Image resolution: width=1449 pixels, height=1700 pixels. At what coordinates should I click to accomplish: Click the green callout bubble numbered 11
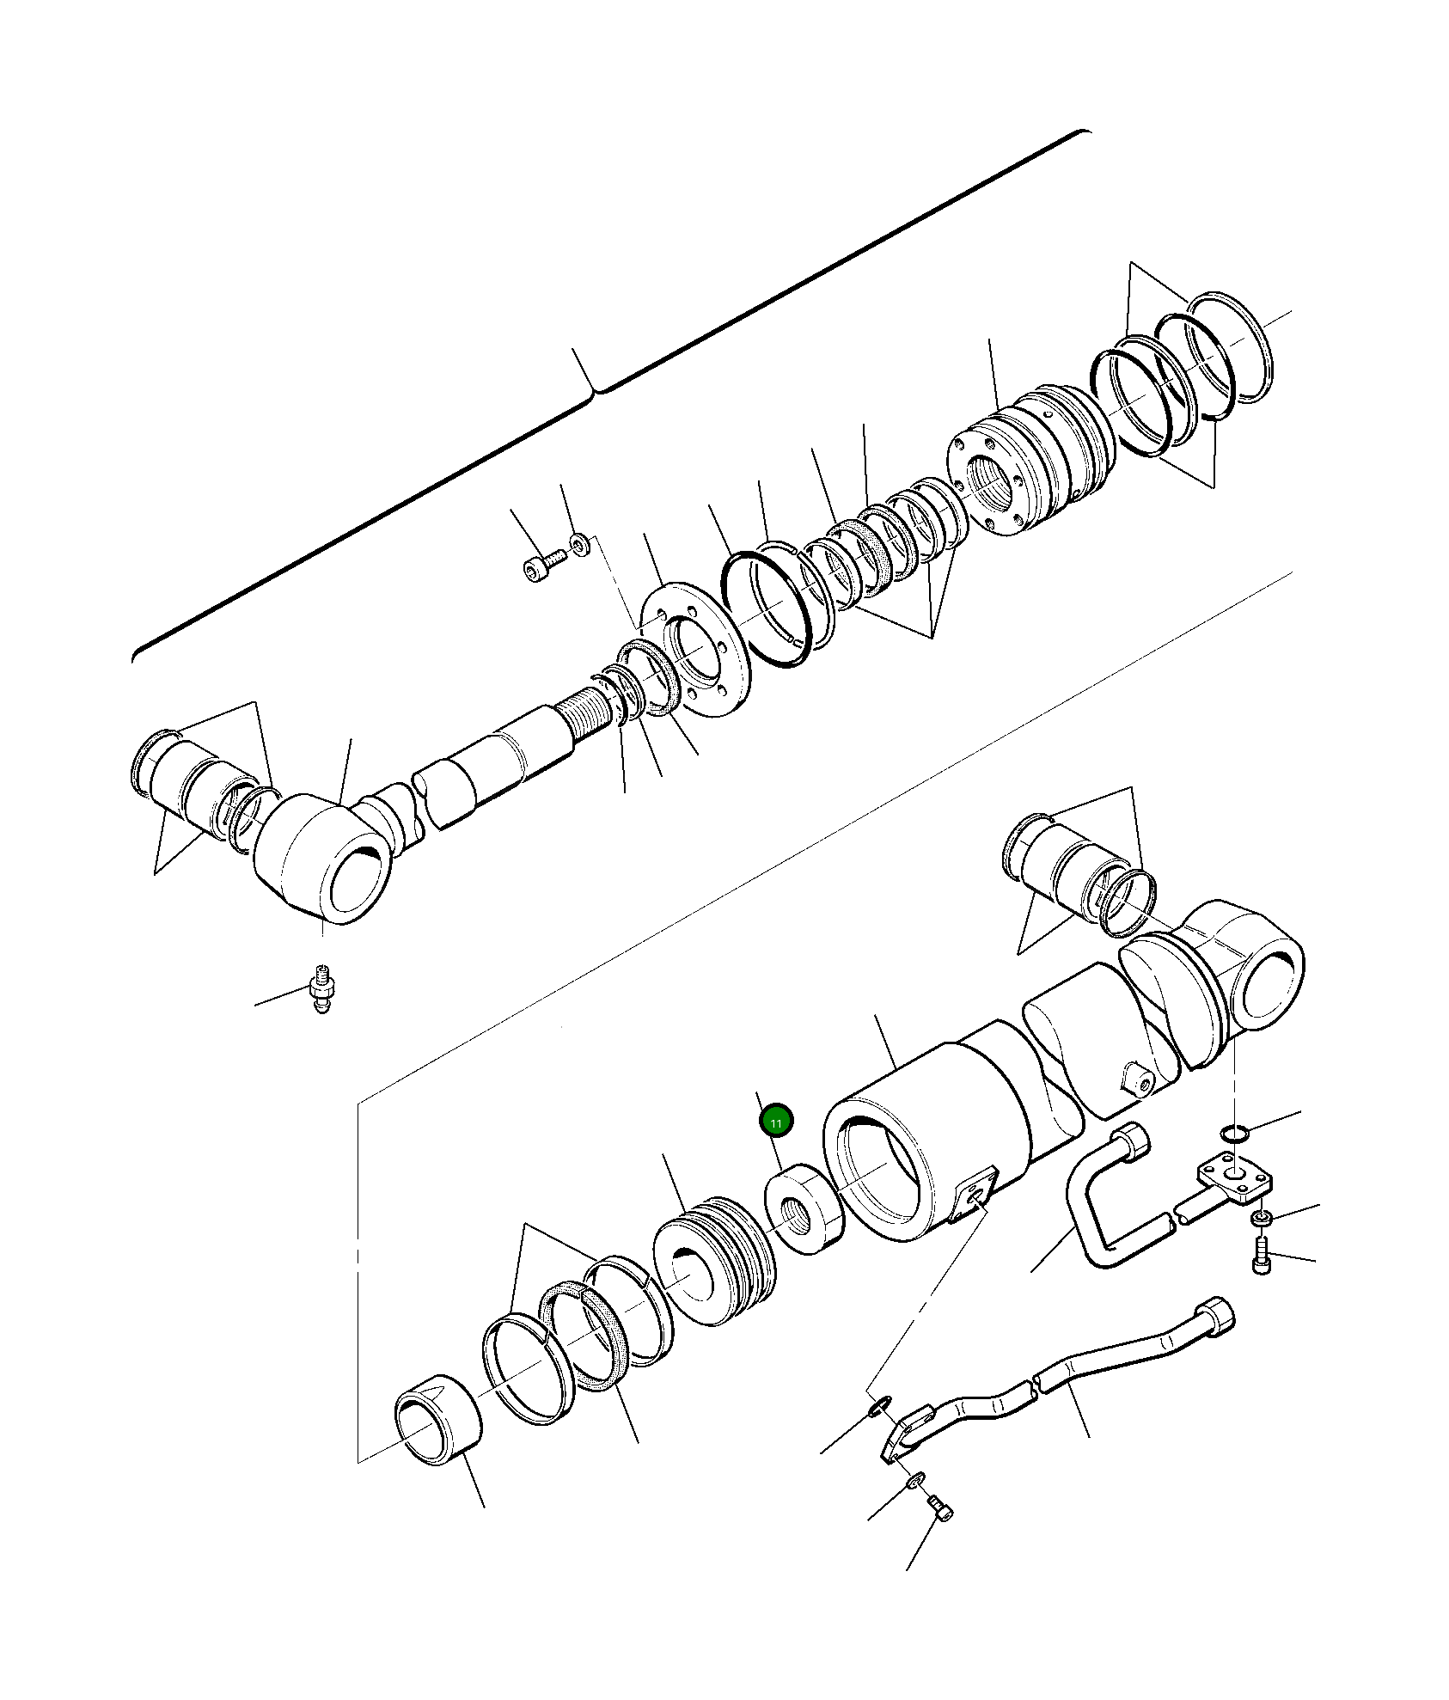776,1122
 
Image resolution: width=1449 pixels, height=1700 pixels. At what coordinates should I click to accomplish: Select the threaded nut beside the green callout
803,1209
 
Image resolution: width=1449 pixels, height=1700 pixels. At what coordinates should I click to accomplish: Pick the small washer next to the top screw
581,542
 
